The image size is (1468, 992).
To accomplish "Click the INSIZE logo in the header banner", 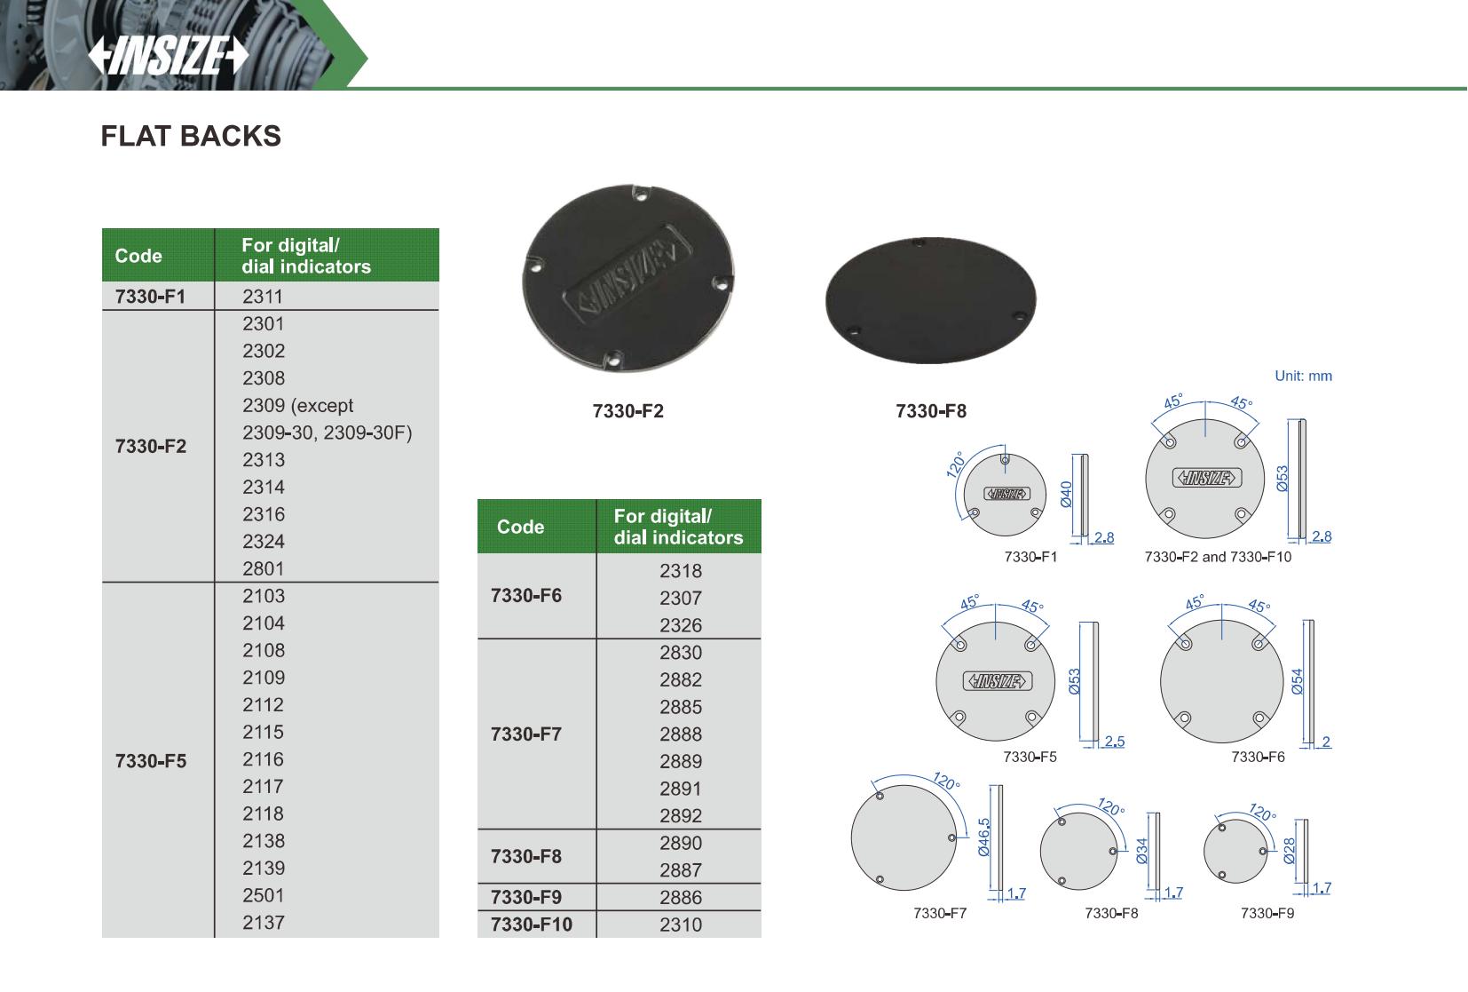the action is pos(169,55).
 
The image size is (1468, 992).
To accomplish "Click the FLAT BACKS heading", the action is pos(191,136).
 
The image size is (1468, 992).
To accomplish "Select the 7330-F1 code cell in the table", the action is pos(150,297).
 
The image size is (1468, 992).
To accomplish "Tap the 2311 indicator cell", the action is pos(262,297).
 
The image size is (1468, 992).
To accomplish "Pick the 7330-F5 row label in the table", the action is pos(151,760).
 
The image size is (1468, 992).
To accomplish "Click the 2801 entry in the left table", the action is pos(264,568).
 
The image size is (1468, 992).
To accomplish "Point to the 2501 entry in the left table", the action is pos(264,895).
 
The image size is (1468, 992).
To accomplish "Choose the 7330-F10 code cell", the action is pos(532,924).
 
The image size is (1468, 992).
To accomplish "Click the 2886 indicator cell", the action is pos(681,897).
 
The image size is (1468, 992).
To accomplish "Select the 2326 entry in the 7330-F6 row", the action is pos(681,625).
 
